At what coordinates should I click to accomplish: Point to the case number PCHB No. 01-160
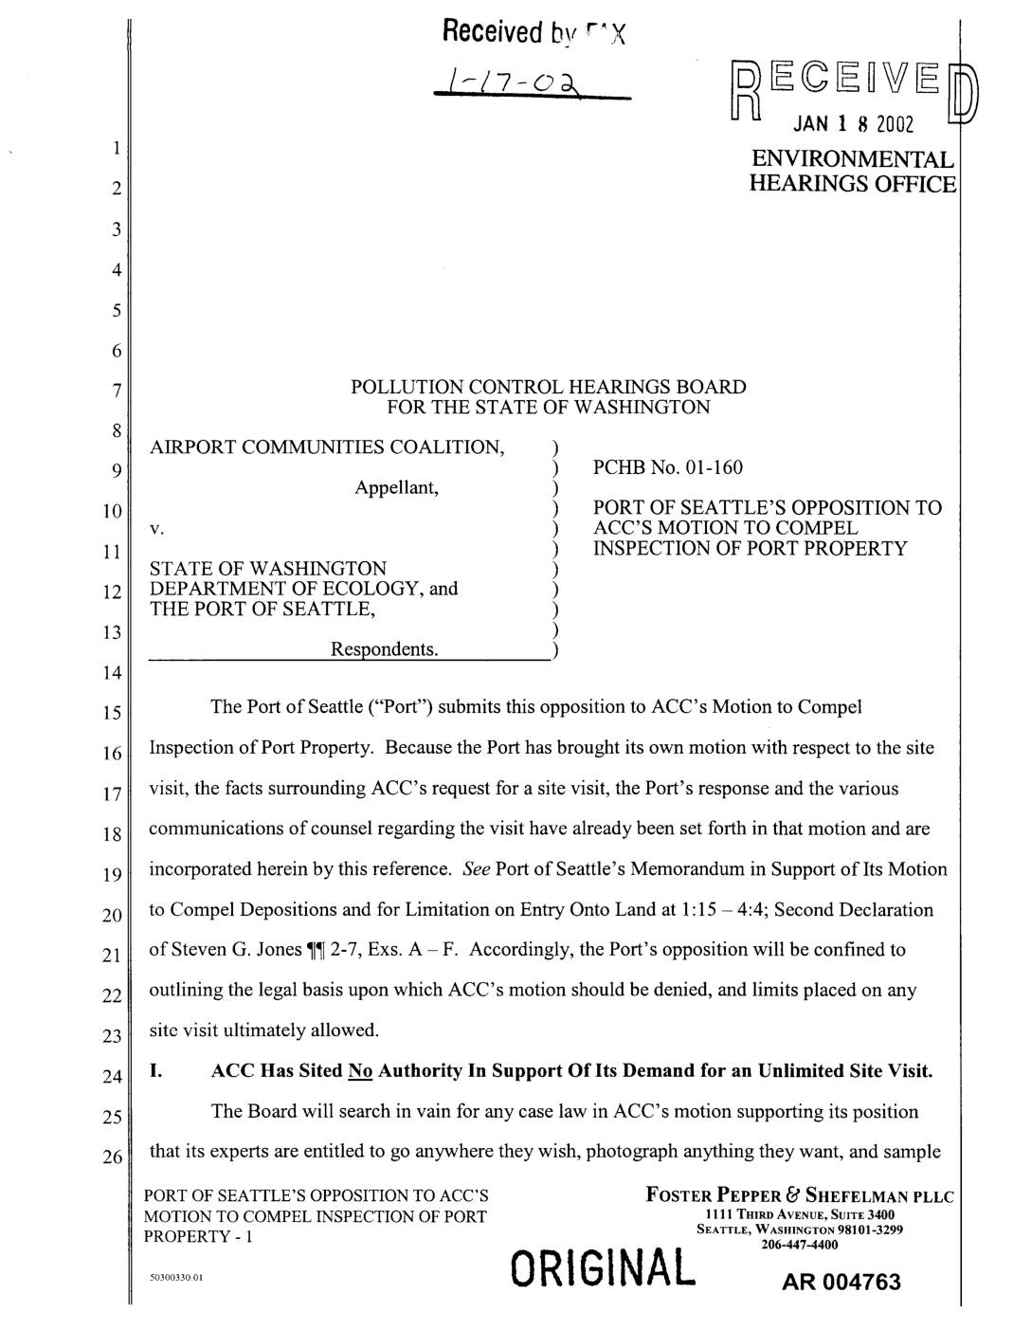(667, 467)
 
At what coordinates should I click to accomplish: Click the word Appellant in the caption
(396, 487)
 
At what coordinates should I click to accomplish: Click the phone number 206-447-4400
(800, 1245)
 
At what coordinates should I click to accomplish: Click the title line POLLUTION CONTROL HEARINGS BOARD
(548, 387)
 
